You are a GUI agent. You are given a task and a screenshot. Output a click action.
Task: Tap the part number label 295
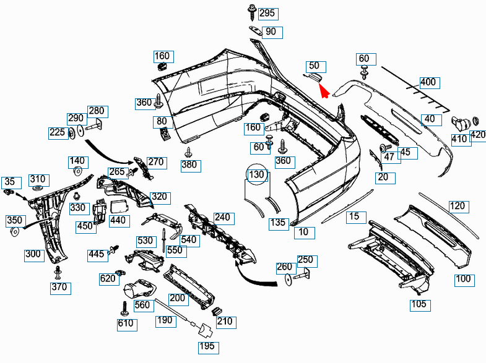point(267,13)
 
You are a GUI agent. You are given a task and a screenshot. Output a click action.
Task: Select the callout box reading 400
point(428,82)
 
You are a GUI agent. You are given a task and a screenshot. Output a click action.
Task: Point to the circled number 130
point(257,175)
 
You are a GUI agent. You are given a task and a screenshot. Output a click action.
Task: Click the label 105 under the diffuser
point(419,304)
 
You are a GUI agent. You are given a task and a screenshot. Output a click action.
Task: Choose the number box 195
point(208,346)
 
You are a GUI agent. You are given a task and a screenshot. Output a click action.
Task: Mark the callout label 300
point(33,254)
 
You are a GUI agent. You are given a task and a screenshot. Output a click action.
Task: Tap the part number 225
point(57,132)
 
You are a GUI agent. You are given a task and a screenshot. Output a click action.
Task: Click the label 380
point(189,164)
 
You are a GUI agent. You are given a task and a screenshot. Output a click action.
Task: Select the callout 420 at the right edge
point(478,134)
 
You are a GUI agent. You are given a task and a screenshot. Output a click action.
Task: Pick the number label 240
point(222,217)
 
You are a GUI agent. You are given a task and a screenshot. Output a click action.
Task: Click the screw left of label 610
point(124,307)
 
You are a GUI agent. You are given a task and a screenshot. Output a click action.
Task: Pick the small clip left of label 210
point(216,310)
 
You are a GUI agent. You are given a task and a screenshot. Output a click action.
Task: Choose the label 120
point(457,206)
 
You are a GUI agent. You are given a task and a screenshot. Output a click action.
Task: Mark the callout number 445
point(95,254)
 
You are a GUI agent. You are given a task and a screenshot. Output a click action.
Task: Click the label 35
point(9,182)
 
